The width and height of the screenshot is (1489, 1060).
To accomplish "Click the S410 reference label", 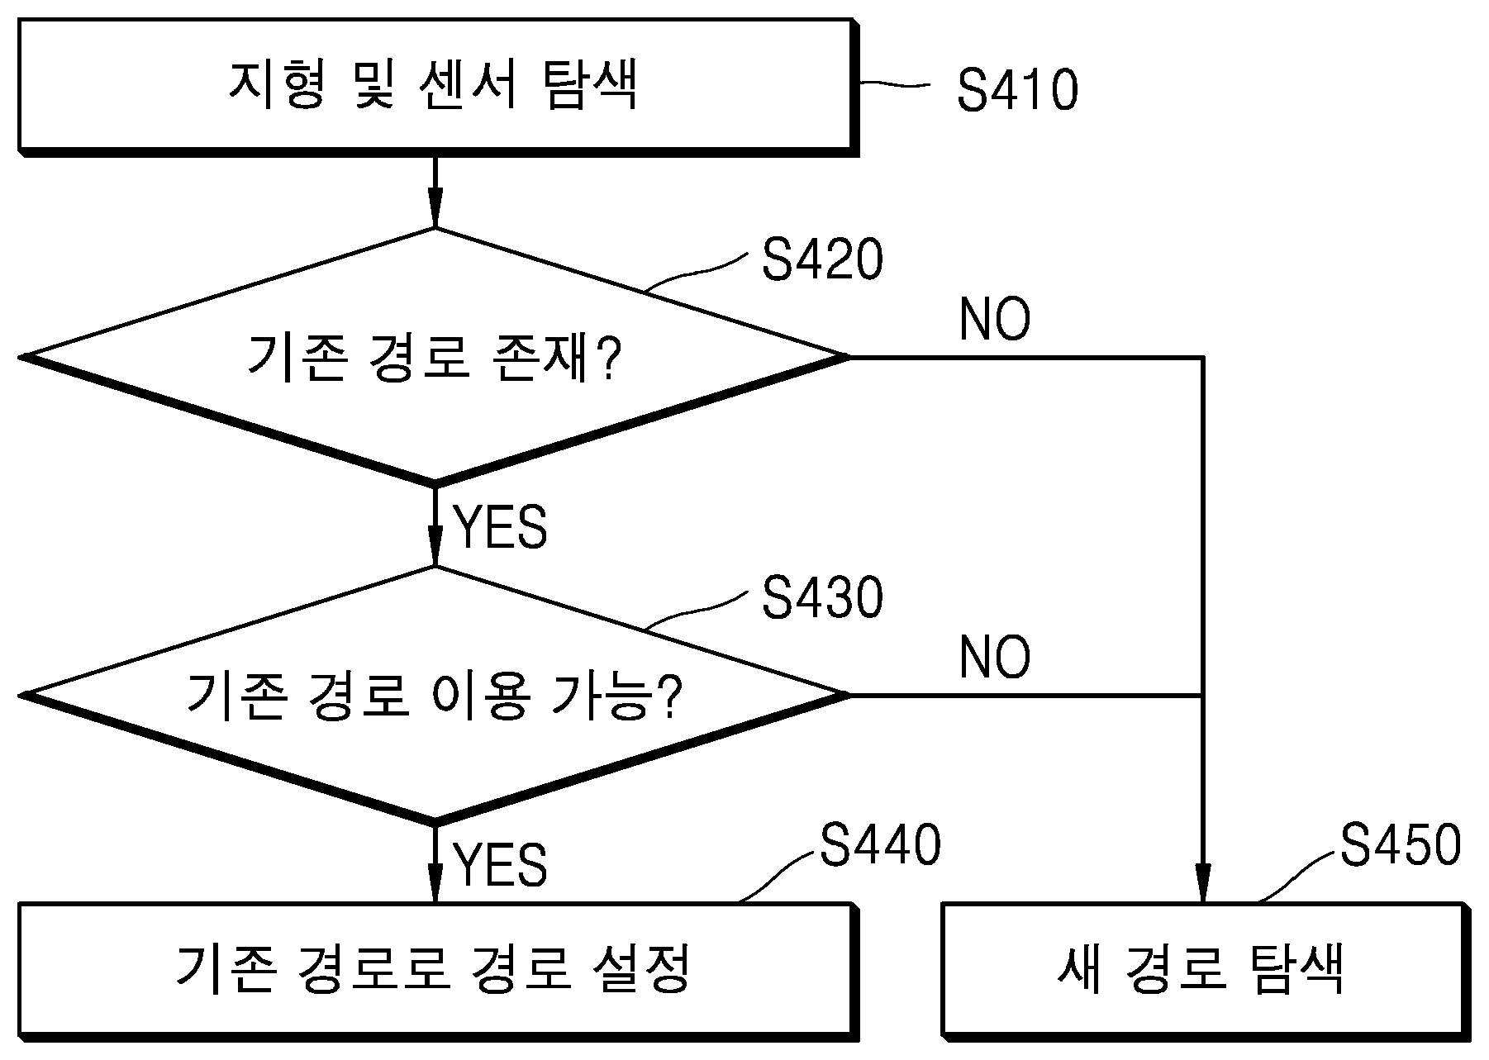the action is pos(1017,90).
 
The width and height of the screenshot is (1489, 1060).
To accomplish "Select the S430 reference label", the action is pos(822,597).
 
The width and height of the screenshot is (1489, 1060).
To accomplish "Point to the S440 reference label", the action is pos(880,844).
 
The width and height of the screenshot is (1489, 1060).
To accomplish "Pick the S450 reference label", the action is pos(1401,844).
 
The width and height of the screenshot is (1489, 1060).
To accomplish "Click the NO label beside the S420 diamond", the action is pos(995,320).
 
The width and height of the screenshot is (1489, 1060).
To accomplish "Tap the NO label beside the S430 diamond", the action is pos(995,658).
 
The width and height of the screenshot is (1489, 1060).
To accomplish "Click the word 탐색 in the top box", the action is pos(590,87).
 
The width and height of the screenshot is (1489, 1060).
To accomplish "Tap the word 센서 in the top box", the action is pos(469,87).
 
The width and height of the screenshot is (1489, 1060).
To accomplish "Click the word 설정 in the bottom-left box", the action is pos(641,967).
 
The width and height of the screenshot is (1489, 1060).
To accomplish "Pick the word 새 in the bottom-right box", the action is pos(1081,967).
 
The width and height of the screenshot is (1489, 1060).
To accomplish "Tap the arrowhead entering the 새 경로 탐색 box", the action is pos(1203,883).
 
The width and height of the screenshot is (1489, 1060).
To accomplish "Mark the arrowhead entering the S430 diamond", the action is pos(435,548).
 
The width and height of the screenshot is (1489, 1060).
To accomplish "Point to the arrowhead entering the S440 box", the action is pos(435,884).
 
